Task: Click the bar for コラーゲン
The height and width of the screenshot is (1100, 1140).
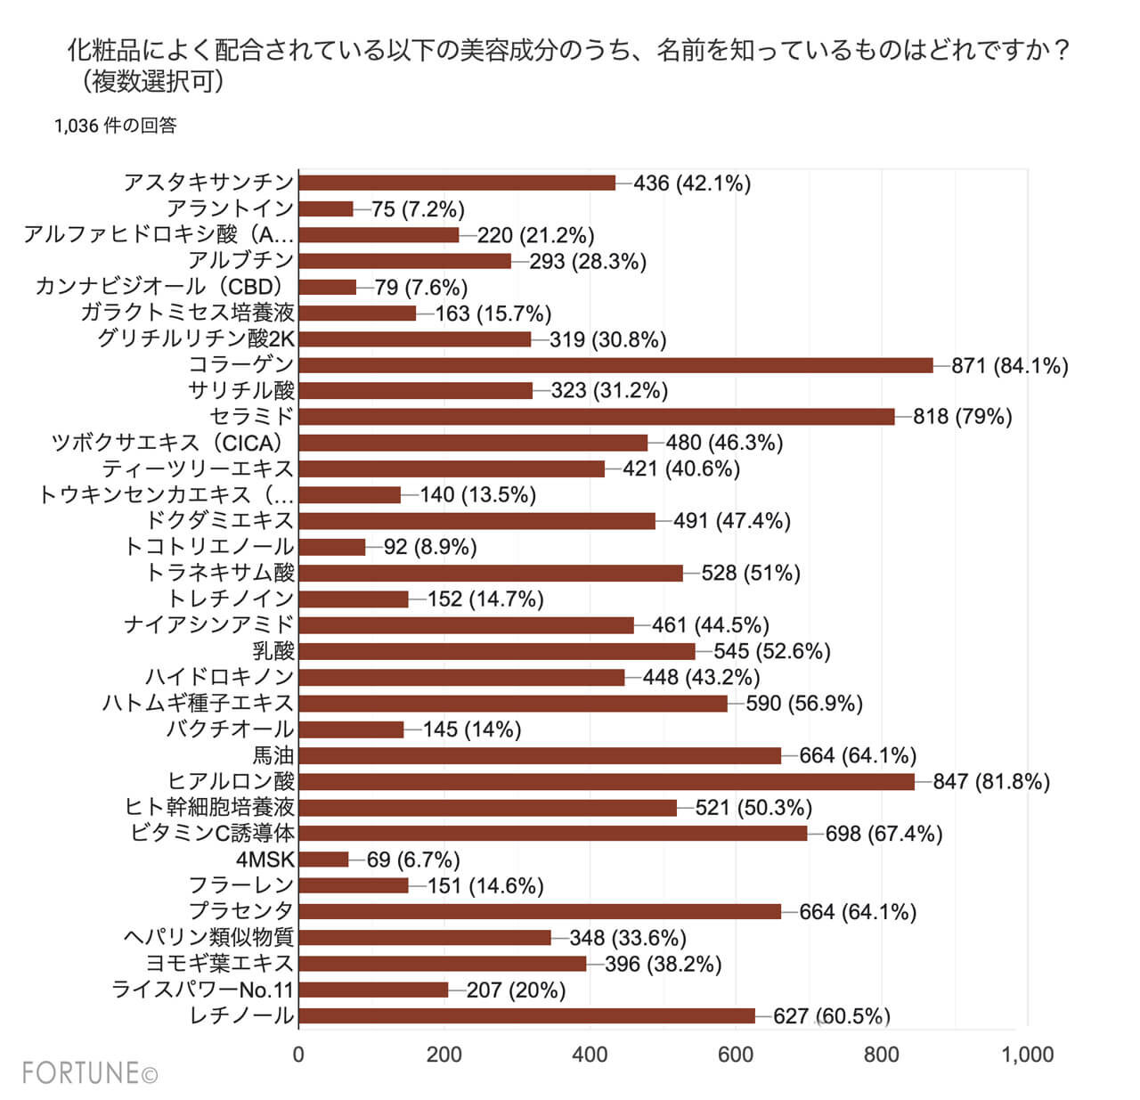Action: [x=615, y=365]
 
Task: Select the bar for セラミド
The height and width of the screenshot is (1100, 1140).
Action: [x=596, y=417]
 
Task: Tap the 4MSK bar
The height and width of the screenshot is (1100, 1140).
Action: [x=323, y=860]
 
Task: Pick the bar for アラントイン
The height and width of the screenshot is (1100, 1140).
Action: [x=326, y=209]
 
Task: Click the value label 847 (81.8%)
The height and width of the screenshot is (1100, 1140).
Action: [x=991, y=782]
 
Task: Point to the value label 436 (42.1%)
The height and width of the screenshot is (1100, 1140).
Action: [x=692, y=183]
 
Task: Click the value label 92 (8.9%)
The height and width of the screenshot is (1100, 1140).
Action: [x=430, y=547]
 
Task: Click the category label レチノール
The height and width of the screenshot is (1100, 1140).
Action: [x=241, y=1016]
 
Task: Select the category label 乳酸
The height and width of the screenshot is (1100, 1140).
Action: [x=273, y=651]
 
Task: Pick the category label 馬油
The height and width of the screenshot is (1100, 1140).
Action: [x=273, y=756]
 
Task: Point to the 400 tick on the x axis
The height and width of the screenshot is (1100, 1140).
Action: [x=590, y=1055]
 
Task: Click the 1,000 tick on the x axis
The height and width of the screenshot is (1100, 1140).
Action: [x=1027, y=1055]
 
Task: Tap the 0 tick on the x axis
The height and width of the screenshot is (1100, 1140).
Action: [x=298, y=1055]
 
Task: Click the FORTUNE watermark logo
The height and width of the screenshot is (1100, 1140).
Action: [x=90, y=1073]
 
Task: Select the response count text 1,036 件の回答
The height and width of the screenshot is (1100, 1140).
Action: [x=116, y=126]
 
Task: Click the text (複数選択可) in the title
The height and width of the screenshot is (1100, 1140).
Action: [x=148, y=82]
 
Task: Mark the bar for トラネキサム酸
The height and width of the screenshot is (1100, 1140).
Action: [x=491, y=573]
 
